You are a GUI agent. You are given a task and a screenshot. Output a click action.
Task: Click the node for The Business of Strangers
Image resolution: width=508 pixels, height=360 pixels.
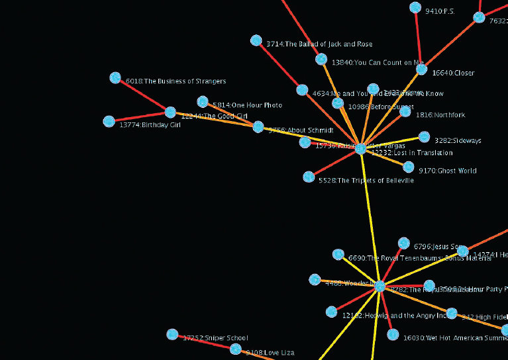(115, 78)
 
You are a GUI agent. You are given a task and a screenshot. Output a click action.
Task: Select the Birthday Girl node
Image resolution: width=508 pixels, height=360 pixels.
(109, 122)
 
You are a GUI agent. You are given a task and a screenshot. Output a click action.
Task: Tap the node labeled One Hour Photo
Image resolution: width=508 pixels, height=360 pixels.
(203, 102)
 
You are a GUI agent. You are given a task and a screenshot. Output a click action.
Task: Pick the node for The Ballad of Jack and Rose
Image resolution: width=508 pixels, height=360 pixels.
(256, 41)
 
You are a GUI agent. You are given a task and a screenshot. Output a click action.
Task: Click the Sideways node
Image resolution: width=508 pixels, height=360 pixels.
(424, 138)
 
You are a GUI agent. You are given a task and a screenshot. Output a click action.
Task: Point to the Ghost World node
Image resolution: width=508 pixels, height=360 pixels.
(409, 167)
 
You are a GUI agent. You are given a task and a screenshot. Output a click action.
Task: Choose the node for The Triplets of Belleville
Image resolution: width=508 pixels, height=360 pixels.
(309, 177)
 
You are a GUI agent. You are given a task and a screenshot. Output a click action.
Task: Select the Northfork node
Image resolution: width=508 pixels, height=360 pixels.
(405, 112)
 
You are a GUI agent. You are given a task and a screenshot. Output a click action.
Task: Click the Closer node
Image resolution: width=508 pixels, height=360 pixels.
(422, 69)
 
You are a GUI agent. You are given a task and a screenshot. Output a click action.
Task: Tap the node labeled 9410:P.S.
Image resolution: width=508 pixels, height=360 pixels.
(415, 8)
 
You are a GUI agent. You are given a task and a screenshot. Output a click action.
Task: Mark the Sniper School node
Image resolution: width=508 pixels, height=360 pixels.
(172, 334)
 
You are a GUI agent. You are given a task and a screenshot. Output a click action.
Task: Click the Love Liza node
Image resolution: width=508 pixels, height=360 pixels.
(235, 349)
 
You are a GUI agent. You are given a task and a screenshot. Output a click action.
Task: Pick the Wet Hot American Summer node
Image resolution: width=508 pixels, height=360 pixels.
(393, 335)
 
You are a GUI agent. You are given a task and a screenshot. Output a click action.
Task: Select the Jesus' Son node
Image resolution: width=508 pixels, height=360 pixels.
(404, 244)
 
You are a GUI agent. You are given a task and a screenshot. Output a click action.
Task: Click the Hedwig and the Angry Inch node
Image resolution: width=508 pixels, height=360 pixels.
(331, 312)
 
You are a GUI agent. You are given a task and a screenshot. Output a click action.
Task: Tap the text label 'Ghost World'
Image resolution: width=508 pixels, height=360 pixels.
(456, 171)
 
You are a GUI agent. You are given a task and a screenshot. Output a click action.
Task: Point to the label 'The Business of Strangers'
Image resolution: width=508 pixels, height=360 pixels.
(176, 81)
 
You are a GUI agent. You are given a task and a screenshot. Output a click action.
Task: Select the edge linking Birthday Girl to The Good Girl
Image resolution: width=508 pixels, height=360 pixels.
(140, 117)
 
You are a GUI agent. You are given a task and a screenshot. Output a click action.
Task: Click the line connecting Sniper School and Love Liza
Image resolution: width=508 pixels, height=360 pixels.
(204, 341)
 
